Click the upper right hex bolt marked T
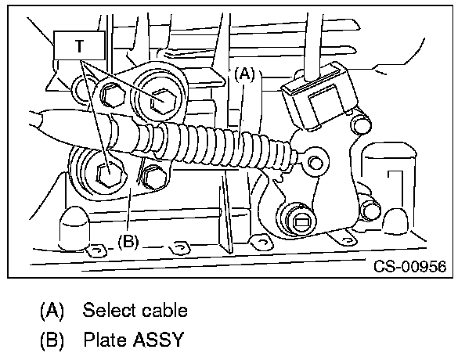[163, 99]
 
